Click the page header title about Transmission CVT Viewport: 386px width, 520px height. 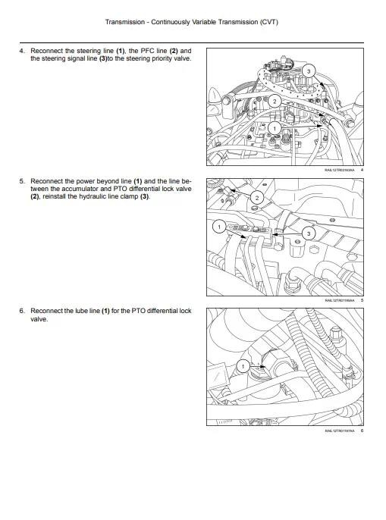(x=192, y=22)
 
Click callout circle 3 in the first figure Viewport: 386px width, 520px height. (x=308, y=70)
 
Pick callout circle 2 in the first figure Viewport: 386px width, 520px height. (x=275, y=100)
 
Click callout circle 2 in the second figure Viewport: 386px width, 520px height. (x=256, y=198)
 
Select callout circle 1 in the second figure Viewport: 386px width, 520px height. (x=218, y=227)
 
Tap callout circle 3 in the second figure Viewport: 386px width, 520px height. (x=309, y=233)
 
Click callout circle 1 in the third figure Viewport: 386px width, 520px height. (x=243, y=366)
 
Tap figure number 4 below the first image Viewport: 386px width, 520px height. (x=362, y=171)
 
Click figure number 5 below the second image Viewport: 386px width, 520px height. (x=362, y=301)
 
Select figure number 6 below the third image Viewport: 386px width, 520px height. (x=362, y=431)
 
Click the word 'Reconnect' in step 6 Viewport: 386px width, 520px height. (x=47, y=312)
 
